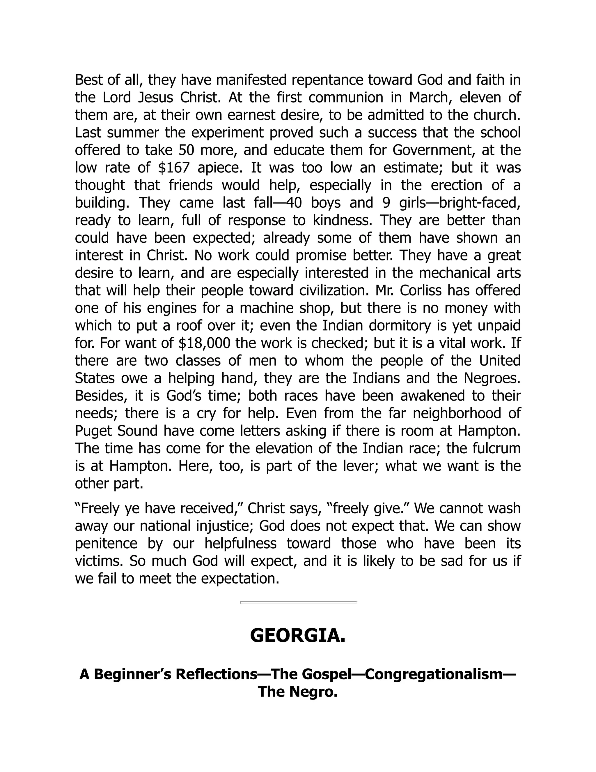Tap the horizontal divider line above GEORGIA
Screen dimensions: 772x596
pyautogui.click(x=298, y=601)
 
